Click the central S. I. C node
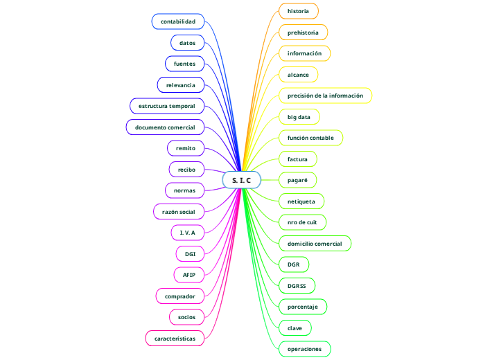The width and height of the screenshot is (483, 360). (x=241, y=180)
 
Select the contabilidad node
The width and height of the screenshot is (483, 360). (x=178, y=21)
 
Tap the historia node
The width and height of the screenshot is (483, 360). (x=298, y=11)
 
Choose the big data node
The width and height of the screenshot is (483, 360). (x=299, y=116)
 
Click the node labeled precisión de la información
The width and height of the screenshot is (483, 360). (x=325, y=96)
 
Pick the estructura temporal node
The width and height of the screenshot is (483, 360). (x=167, y=106)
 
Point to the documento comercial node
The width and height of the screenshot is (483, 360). (x=165, y=127)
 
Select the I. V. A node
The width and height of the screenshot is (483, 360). (x=187, y=233)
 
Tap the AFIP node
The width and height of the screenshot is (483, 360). (x=188, y=275)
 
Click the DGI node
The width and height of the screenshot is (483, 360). (x=190, y=254)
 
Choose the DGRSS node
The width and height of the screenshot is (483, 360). (x=297, y=285)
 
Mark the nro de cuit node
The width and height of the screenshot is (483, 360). (x=301, y=222)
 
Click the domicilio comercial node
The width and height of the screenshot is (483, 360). (x=315, y=243)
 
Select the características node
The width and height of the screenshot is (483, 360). (x=175, y=338)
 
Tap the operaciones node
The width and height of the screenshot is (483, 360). (x=304, y=349)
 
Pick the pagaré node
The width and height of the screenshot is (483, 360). (x=297, y=180)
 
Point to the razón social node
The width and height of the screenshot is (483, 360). (x=178, y=211)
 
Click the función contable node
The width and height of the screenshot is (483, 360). (x=310, y=138)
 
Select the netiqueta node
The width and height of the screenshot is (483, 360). (x=301, y=201)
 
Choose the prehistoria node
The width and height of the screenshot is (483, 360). (x=303, y=33)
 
